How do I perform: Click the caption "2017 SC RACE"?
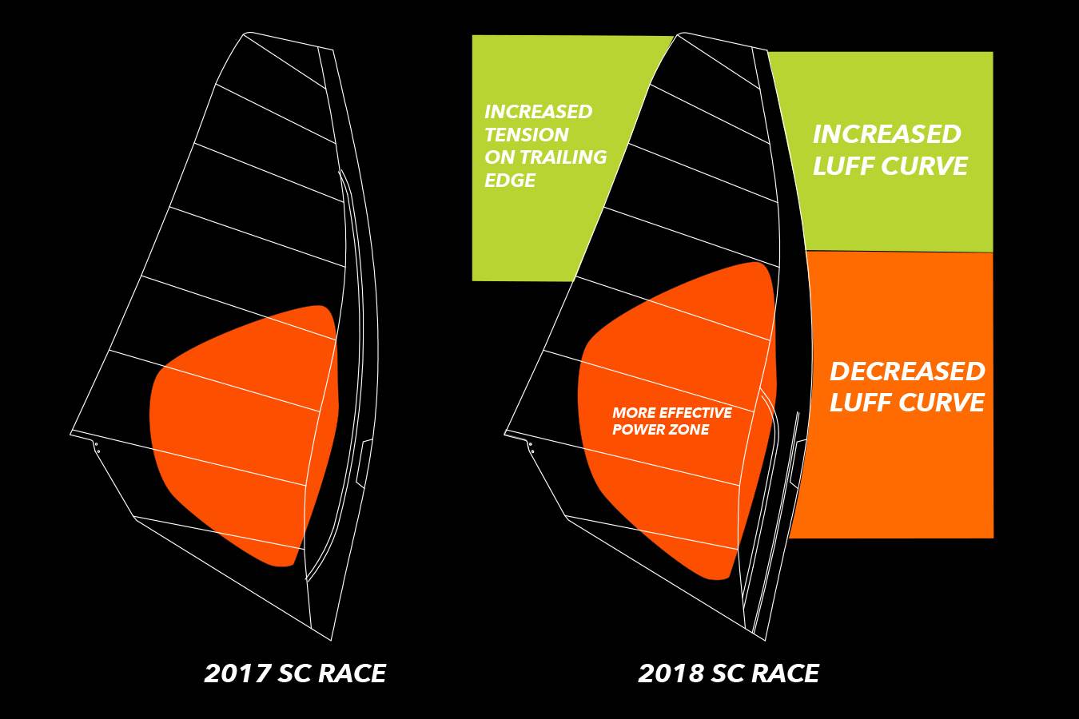click(x=295, y=673)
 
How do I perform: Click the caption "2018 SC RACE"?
click(x=728, y=673)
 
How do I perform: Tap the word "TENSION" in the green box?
click(x=527, y=134)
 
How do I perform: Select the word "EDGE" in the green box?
click(x=510, y=180)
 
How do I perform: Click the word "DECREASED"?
click(x=907, y=371)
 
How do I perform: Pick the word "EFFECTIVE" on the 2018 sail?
click(x=695, y=413)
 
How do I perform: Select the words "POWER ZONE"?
click(x=660, y=430)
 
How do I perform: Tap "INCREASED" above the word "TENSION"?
click(x=538, y=112)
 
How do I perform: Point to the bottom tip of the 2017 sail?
click(x=332, y=641)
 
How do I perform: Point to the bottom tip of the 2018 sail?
click(x=766, y=641)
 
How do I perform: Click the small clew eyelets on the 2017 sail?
click(x=98, y=447)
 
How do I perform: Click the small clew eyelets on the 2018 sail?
click(x=532, y=447)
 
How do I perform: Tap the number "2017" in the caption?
click(x=236, y=673)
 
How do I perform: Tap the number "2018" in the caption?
click(x=670, y=673)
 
